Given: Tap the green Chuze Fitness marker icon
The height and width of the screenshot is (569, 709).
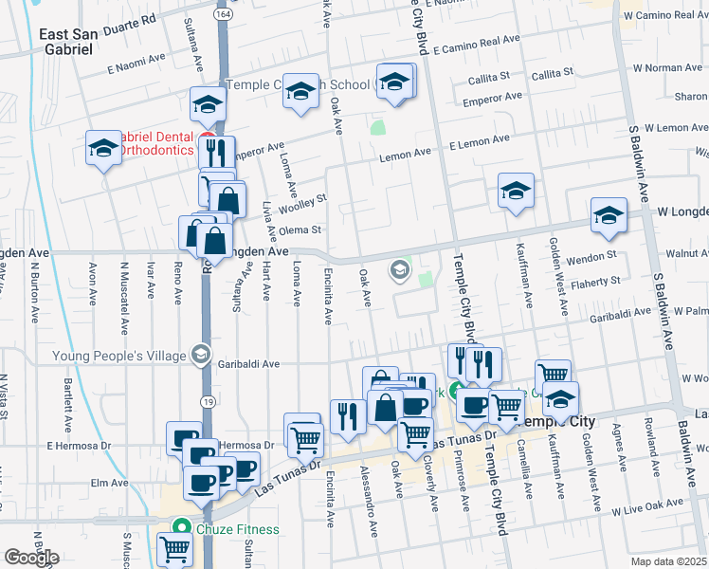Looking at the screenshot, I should click(x=178, y=529).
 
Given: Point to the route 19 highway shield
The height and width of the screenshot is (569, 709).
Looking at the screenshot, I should click(x=208, y=401).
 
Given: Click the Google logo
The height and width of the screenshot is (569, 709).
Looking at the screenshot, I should click(x=30, y=558).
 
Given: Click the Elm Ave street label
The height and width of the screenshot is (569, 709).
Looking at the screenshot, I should click(x=102, y=482).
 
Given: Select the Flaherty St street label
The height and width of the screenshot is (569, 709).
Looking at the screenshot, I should click(x=594, y=281).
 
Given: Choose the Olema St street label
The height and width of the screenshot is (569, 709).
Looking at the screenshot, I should click(x=303, y=229).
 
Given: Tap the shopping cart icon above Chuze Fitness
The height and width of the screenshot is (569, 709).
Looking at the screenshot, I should click(x=175, y=547).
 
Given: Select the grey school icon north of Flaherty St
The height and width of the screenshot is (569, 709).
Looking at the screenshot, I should click(x=400, y=271).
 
